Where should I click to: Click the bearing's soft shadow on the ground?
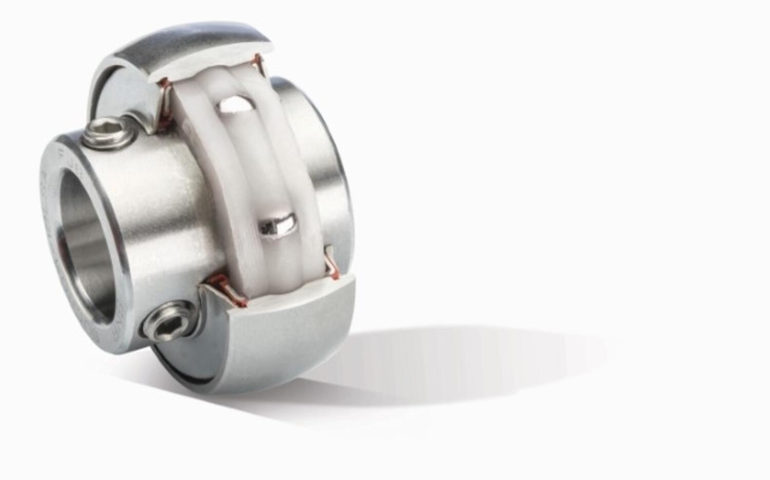pyautogui.click(x=462, y=359)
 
